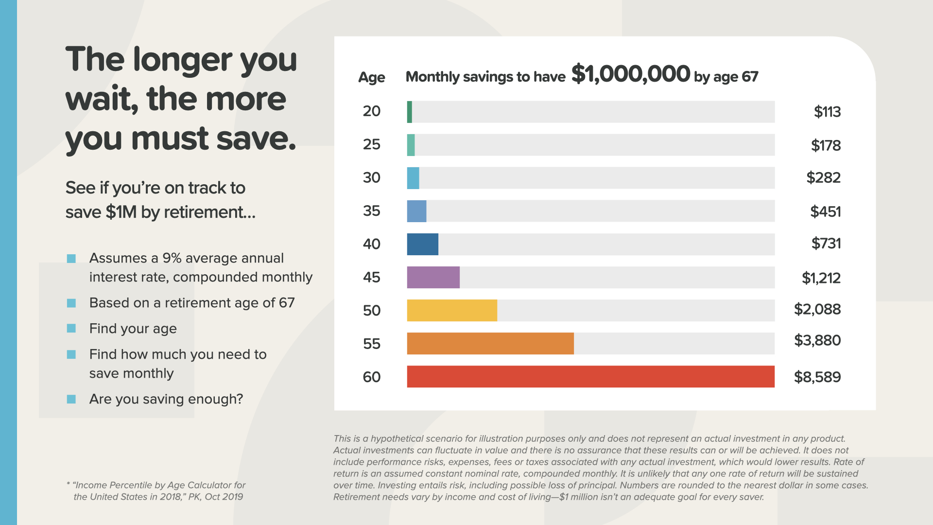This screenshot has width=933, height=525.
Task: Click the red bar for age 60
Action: [x=590, y=377]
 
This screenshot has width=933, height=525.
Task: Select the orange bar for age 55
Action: [x=490, y=344]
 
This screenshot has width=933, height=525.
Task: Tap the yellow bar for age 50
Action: [x=452, y=311]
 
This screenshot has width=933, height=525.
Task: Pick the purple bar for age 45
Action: [x=433, y=278]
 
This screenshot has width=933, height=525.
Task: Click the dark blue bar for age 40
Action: [x=422, y=244]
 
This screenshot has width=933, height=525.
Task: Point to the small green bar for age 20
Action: [x=410, y=112]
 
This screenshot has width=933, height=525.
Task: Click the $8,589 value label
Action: [x=817, y=377]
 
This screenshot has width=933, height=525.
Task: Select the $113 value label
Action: [x=827, y=112]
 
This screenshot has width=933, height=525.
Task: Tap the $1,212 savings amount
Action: [x=821, y=278]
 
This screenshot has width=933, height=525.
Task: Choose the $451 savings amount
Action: [x=825, y=211]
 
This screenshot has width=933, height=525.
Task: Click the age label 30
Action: [x=372, y=178]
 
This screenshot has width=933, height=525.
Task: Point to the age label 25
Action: [x=372, y=144]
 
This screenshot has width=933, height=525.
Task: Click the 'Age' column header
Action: [x=372, y=77]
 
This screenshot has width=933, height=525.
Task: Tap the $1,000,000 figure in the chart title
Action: [x=630, y=74]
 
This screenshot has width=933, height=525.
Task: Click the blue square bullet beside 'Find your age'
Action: [x=71, y=329]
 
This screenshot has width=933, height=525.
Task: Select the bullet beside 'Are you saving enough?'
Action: [x=71, y=399]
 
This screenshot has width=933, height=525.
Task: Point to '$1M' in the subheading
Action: [x=121, y=212]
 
